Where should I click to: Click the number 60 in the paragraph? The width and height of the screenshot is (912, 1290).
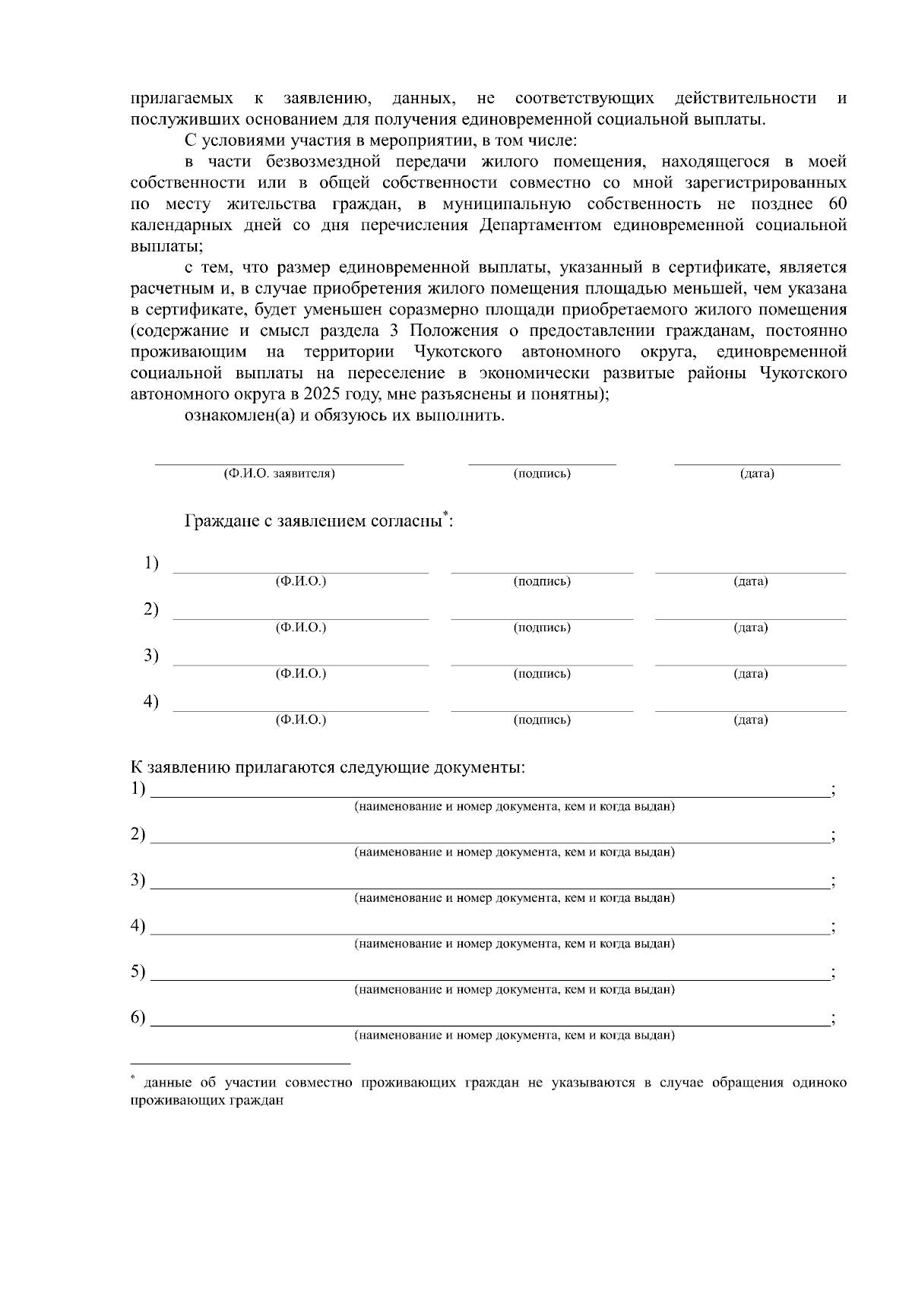(x=837, y=204)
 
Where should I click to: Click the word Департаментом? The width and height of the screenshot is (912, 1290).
(x=544, y=226)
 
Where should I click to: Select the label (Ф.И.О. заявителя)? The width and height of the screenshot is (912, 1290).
(x=279, y=474)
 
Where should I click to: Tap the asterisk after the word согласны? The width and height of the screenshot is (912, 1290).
(x=447, y=514)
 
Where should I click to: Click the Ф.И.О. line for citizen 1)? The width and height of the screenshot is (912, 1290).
(x=301, y=571)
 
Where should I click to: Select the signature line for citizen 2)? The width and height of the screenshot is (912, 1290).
(x=542, y=618)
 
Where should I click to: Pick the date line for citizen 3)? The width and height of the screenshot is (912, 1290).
(x=750, y=665)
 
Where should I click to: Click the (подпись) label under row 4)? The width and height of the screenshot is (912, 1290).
(x=542, y=719)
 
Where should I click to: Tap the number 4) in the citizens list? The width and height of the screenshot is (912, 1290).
(x=151, y=701)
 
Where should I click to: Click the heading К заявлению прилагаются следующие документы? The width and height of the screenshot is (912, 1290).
(x=328, y=767)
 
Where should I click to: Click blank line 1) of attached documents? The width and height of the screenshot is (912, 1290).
(x=490, y=796)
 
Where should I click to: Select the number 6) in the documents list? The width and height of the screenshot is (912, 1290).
(x=138, y=1018)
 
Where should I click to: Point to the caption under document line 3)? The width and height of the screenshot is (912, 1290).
(x=515, y=898)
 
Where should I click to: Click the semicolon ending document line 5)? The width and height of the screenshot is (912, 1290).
(x=834, y=974)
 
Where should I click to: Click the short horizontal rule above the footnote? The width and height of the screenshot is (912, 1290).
(x=240, y=1063)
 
